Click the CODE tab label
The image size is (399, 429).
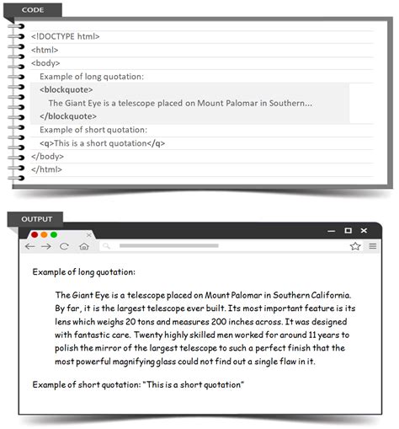34,10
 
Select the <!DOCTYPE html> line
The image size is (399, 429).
66,36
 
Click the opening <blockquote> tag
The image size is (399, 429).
66,89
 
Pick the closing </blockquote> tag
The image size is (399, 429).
67,115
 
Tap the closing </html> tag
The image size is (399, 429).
46,169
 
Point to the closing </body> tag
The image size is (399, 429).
47,156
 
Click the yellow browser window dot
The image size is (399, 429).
44,233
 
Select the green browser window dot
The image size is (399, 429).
54,233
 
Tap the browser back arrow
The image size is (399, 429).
30,246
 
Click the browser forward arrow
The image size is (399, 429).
46,246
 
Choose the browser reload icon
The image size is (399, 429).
64,246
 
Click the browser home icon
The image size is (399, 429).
83,246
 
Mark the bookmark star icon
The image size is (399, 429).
355,246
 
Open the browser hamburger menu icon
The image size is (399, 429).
372,246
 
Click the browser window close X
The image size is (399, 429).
364,230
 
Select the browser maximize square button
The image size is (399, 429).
348,230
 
